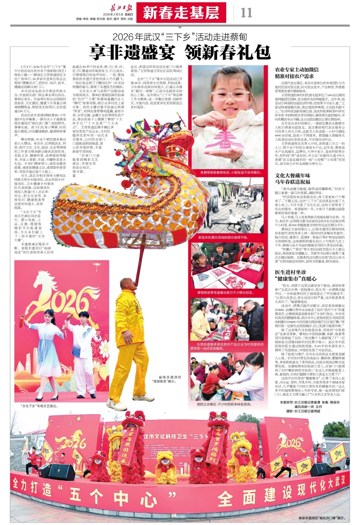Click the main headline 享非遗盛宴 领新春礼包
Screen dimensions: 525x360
tap(179, 51)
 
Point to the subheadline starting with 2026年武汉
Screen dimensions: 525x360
tap(179, 37)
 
